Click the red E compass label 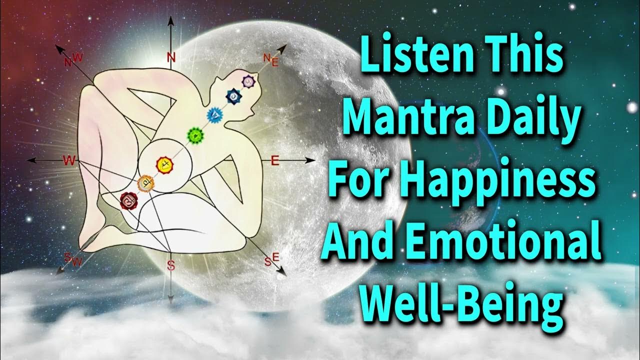click(274, 160)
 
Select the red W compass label click(68, 160)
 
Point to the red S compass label click(171, 265)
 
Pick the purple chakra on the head click(247, 80)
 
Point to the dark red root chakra click(128, 201)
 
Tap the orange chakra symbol click(145, 182)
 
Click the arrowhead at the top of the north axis click(171, 21)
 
